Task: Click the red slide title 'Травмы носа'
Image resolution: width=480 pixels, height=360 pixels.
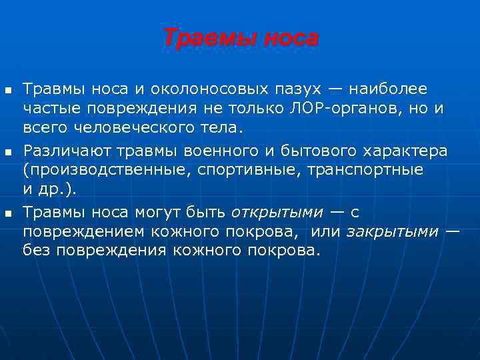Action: click(x=241, y=38)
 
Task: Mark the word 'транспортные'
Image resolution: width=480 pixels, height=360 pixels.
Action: click(x=365, y=169)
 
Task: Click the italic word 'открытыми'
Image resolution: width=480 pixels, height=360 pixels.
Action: click(x=276, y=213)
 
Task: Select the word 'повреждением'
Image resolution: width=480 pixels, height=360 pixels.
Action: click(x=81, y=232)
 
